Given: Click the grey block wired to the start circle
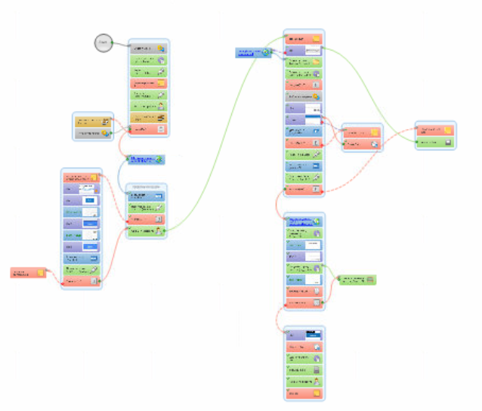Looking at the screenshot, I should tap(149, 48).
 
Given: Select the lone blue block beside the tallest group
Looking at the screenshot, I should tap(252, 52).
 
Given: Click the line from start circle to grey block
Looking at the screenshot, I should tap(121, 45).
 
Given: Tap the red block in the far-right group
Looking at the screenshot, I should tap(435, 130).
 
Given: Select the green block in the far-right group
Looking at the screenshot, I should tap(435, 142).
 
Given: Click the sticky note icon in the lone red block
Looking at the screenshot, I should tap(41, 273).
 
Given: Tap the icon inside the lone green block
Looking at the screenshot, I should tap(369, 280).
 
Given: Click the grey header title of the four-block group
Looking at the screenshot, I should tap(147, 186).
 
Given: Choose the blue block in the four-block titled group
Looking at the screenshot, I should tap(147, 196).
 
